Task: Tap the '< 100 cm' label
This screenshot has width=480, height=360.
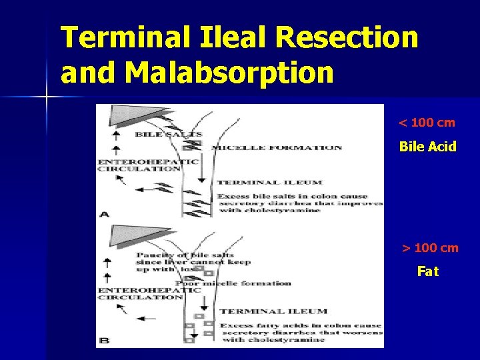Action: click(427, 123)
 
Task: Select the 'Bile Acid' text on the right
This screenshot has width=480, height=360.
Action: click(427, 147)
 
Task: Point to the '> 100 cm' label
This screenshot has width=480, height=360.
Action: click(430, 248)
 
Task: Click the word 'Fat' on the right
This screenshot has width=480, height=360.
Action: click(428, 271)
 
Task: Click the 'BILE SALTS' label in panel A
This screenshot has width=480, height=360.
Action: click(168, 134)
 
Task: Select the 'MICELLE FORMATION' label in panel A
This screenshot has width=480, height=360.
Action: click(276, 148)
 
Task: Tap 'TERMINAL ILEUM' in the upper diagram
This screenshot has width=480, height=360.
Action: click(269, 182)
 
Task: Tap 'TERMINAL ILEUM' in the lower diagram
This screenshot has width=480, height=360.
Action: click(273, 311)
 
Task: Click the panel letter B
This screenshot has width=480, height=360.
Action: click(104, 341)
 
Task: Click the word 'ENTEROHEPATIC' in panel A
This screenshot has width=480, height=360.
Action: click(148, 161)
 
